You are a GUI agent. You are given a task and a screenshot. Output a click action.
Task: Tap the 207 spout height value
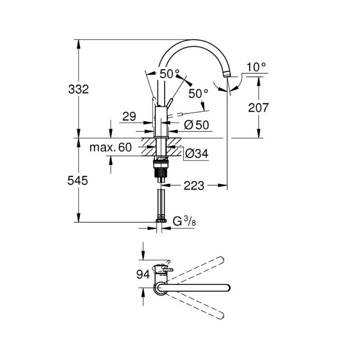click(x=258, y=108)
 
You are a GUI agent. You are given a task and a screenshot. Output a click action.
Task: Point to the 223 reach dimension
click(x=194, y=185)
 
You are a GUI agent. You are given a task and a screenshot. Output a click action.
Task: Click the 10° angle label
click(x=256, y=67)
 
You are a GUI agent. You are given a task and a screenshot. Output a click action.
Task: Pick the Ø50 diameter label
click(x=197, y=126)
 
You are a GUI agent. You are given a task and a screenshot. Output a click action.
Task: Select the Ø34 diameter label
click(x=197, y=154)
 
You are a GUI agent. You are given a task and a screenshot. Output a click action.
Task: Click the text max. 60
click(x=110, y=147)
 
